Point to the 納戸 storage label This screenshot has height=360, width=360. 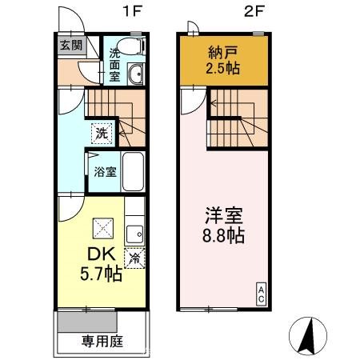pos(220,53)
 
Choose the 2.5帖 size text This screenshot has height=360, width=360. pos(220,69)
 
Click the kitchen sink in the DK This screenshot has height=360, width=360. pos(134,233)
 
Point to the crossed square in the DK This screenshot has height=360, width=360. pos(102,229)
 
